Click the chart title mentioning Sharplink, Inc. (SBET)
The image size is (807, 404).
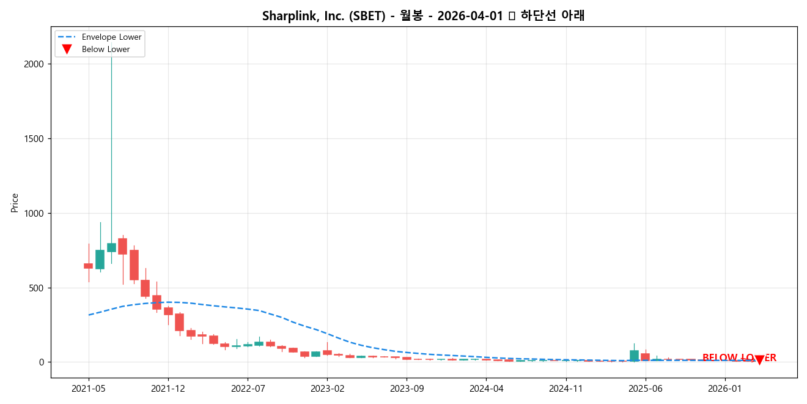423,16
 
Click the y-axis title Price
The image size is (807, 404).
15,203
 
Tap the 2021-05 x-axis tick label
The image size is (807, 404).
89,388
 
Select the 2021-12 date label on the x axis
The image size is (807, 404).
168,388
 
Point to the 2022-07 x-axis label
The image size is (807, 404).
248,388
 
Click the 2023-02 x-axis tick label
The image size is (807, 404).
327,388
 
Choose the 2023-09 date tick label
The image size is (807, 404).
407,388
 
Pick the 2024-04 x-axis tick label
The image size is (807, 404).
487,388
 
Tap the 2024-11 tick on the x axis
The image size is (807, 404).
566,388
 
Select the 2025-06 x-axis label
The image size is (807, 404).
646,388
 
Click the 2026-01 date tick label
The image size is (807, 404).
725,388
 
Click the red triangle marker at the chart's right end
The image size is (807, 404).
759,360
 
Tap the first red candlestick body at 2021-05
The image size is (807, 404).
88,266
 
